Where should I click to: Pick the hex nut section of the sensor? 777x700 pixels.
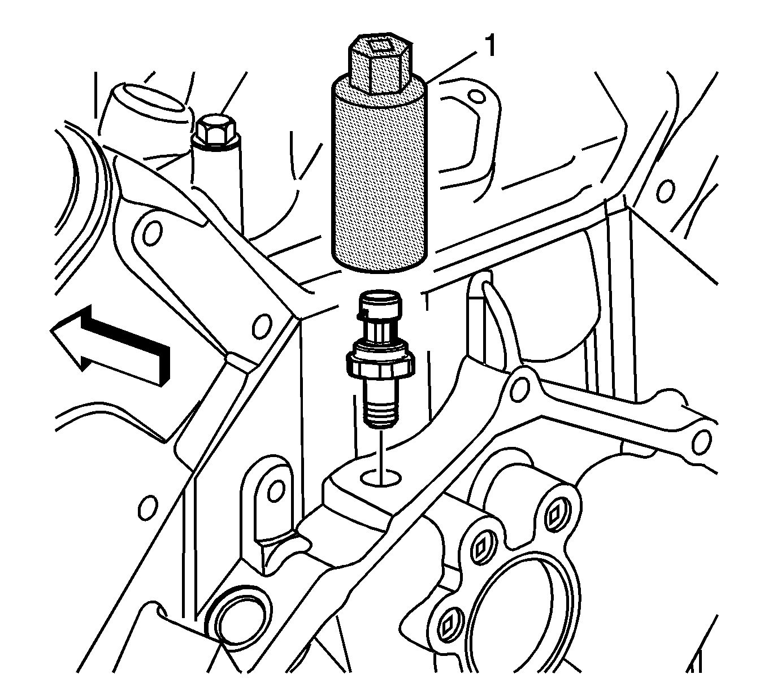tap(380, 364)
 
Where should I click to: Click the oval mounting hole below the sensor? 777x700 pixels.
tap(381, 477)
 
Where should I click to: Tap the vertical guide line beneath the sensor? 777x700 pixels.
tap(381, 456)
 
